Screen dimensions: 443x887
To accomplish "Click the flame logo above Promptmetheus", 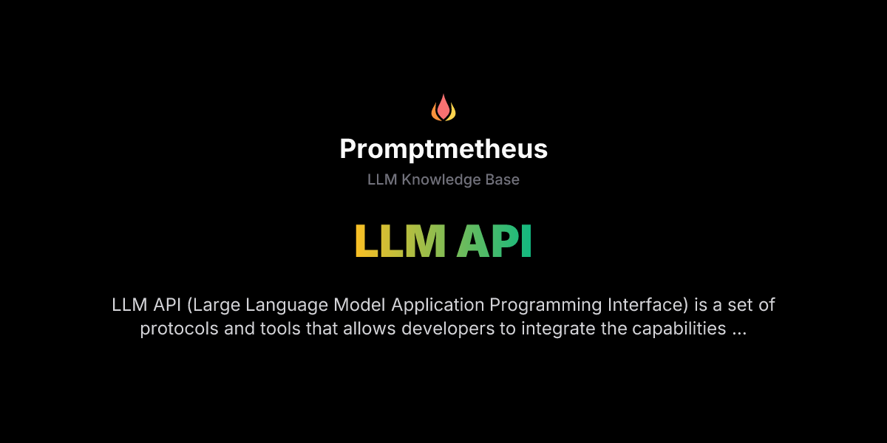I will click(443, 109).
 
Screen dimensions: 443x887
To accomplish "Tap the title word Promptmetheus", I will click(443, 150).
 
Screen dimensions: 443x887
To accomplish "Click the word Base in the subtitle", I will click(503, 180).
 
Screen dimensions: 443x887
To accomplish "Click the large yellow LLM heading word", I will click(400, 241).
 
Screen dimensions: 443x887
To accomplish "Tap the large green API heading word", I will click(494, 241).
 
